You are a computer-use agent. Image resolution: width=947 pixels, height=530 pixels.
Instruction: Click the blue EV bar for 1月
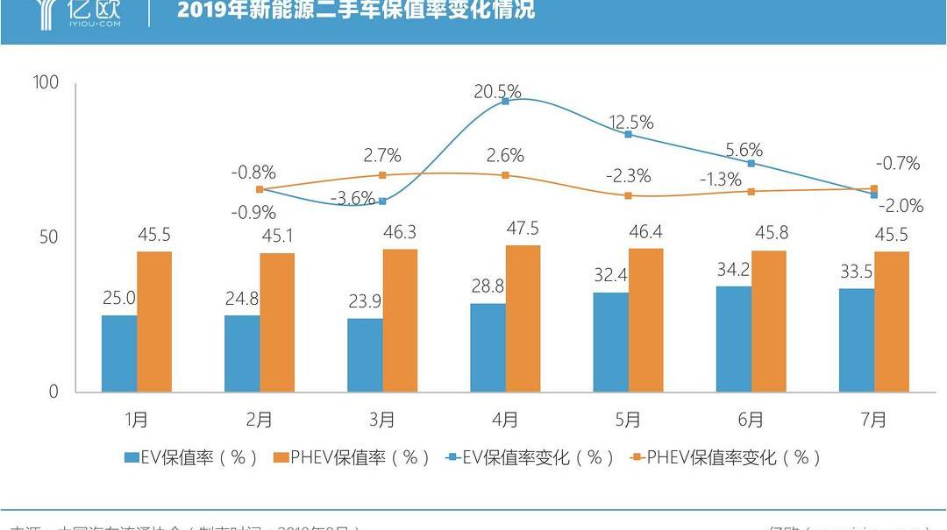pos(118,353)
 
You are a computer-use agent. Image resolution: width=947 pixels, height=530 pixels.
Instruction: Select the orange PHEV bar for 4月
pos(523,318)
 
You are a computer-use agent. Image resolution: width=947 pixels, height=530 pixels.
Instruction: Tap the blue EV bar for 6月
pos(733,339)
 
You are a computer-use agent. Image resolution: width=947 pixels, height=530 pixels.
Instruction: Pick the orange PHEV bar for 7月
pos(892,322)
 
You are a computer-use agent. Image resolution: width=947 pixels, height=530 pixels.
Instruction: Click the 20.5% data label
pos(497,91)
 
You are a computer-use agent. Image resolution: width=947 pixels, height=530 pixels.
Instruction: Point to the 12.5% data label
pos(630,123)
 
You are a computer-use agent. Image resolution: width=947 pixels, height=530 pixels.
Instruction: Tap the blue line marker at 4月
pos(506,102)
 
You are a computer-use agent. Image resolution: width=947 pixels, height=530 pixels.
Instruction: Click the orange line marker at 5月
pos(628,195)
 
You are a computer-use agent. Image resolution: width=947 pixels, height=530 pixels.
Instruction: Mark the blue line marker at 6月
pos(751,163)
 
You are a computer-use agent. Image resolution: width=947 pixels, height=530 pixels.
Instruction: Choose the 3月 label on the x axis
pos(382,420)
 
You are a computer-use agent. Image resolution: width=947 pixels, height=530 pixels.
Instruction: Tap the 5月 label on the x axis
pos(628,420)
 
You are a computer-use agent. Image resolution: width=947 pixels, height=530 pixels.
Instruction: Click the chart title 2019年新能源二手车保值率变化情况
pos(355,11)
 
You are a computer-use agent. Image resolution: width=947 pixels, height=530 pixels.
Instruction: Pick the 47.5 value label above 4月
pos(523,229)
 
